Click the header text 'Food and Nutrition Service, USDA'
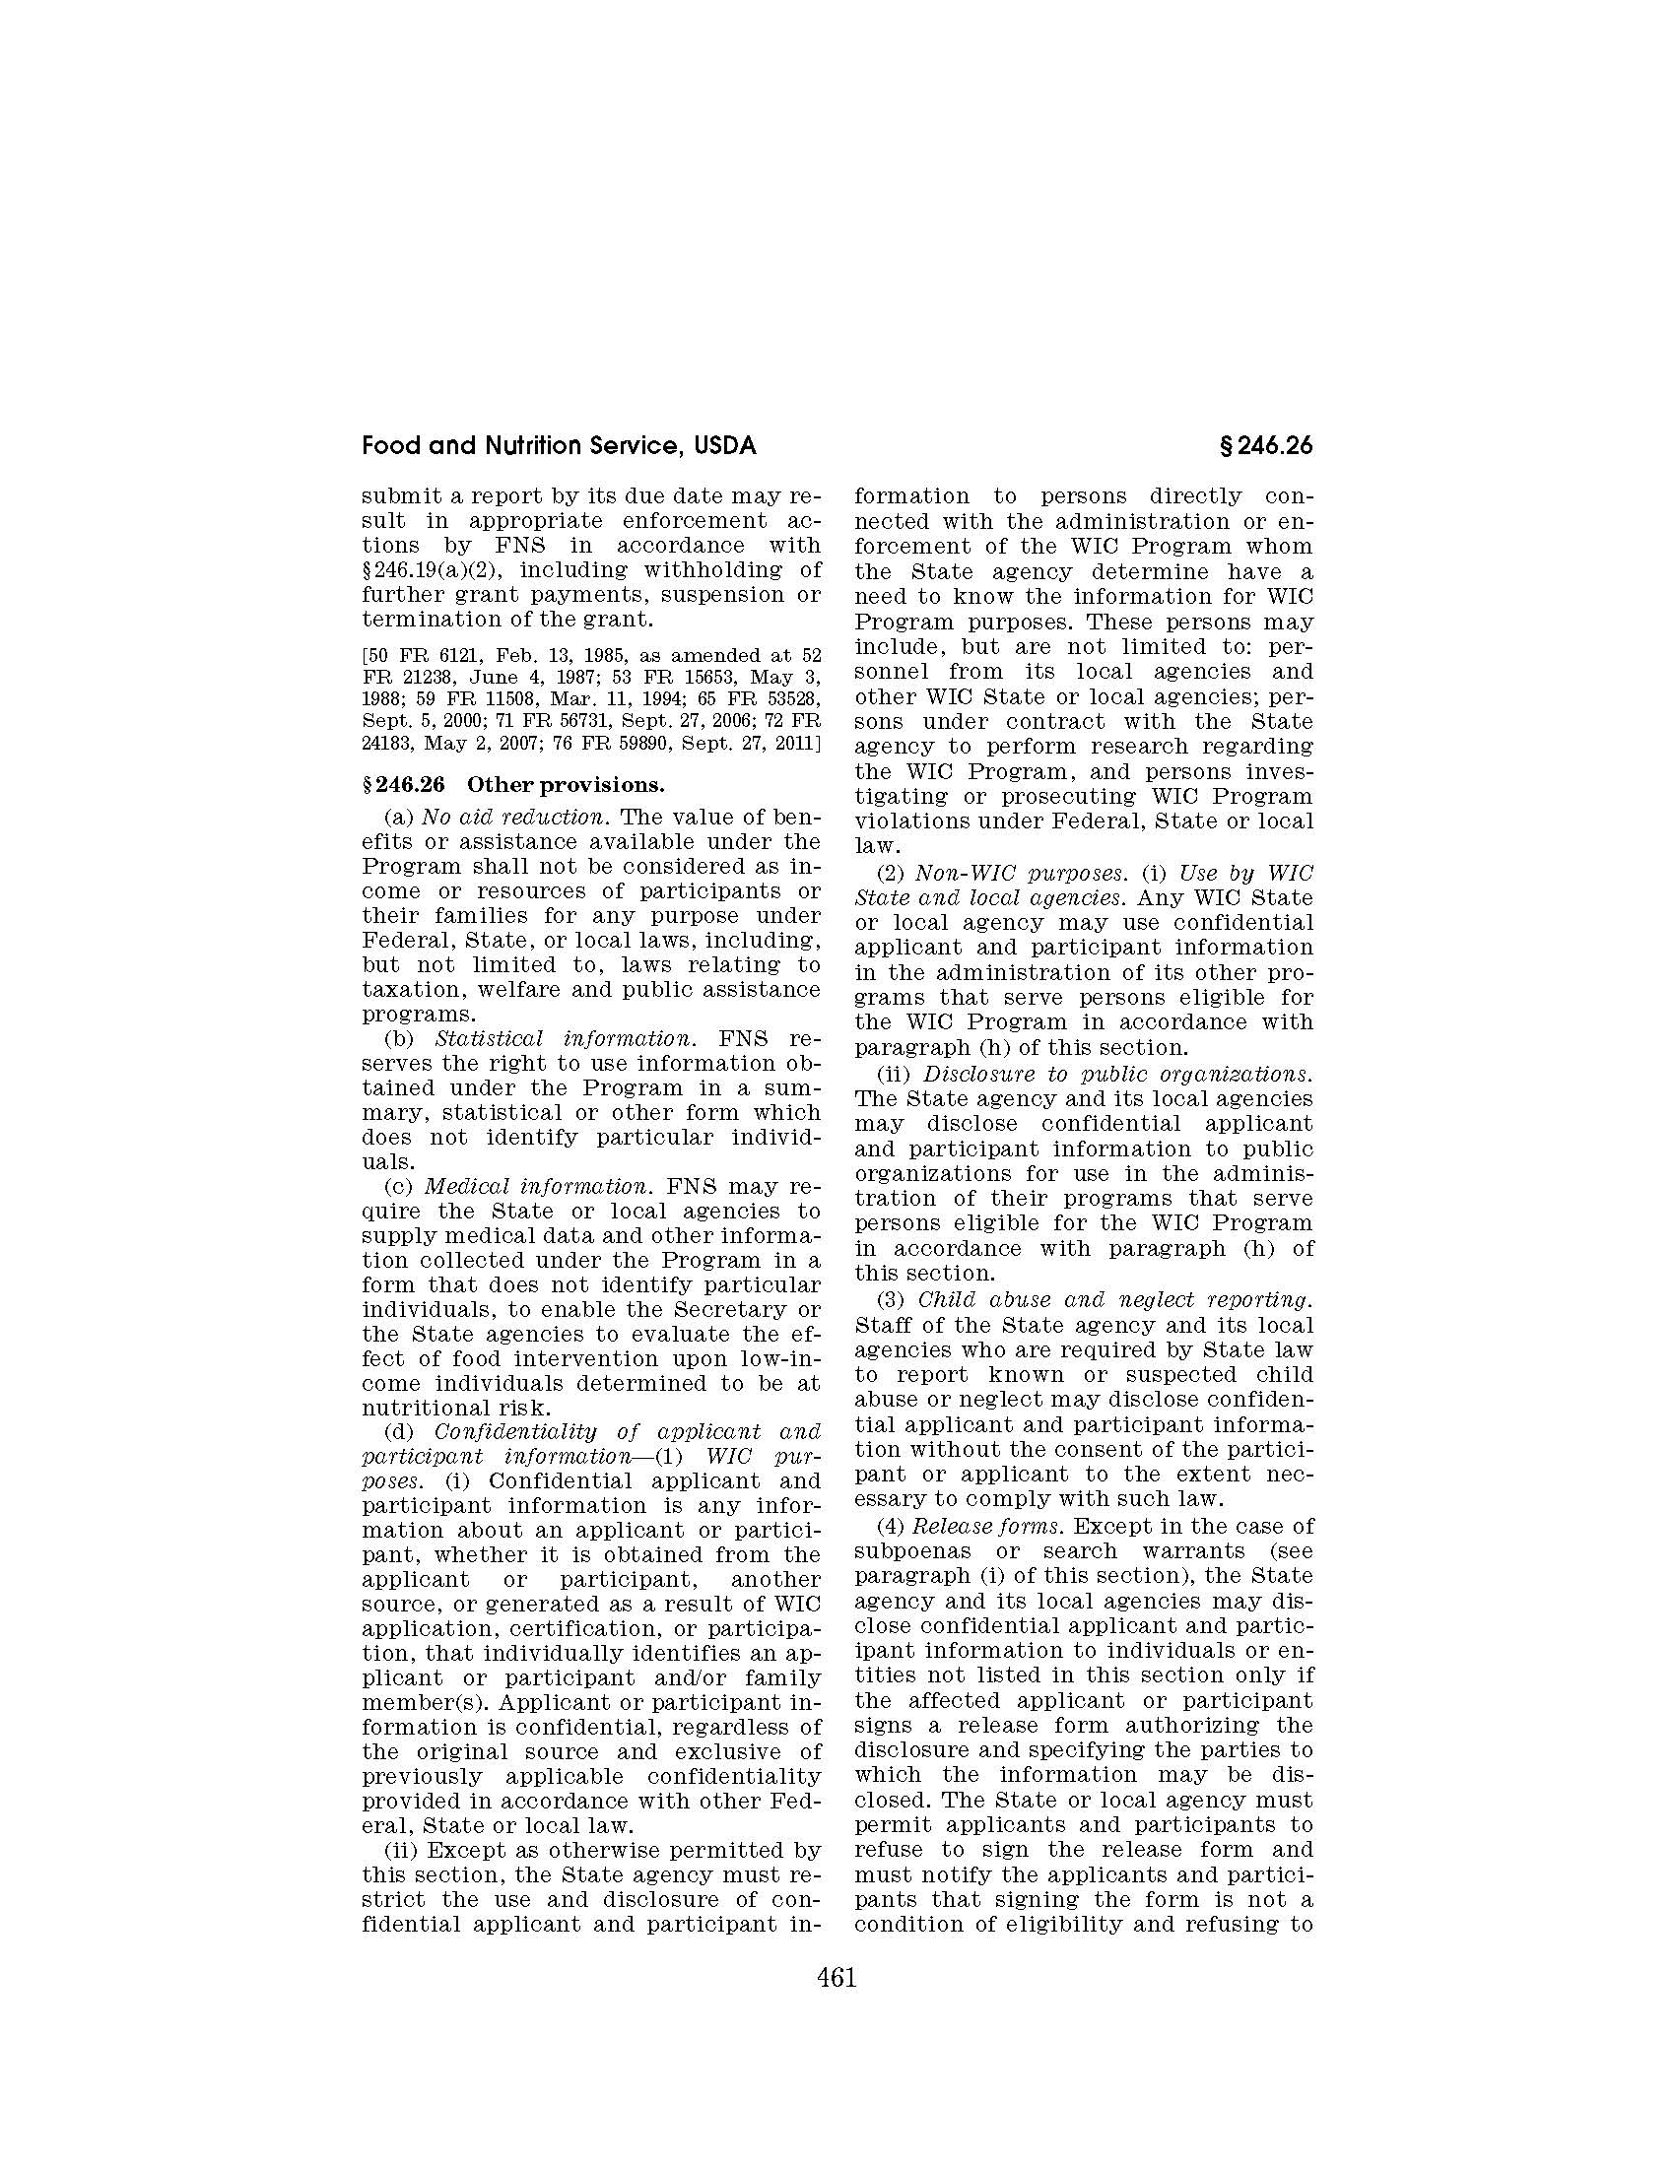tap(559, 446)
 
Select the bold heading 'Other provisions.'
tap(565, 785)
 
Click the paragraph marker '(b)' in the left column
tap(399, 1039)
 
